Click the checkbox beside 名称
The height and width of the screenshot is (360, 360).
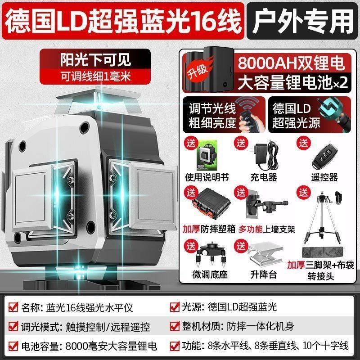click(x=13, y=307)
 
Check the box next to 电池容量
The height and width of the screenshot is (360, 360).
click(x=13, y=346)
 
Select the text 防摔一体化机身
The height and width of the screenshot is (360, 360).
click(x=255, y=327)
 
